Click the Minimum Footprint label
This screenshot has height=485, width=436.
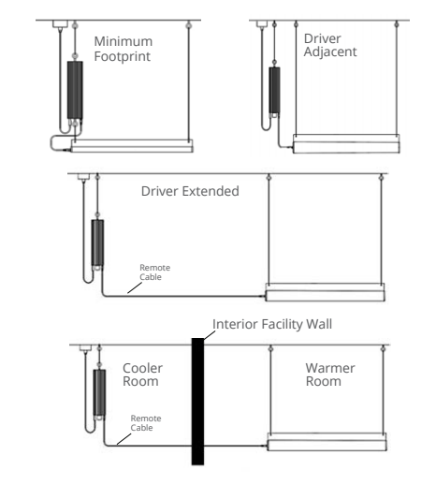[123, 49]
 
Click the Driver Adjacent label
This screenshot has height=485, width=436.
[330, 45]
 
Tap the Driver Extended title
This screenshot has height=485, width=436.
[190, 191]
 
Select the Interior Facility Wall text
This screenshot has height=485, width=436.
[272, 324]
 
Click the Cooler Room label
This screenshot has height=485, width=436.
[142, 375]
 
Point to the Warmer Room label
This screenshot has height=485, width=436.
[330, 375]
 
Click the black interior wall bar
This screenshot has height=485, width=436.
[197, 402]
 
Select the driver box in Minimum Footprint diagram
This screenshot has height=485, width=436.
[75, 90]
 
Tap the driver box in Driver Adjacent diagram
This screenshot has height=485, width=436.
[274, 90]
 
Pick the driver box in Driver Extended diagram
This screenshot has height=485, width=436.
[97, 242]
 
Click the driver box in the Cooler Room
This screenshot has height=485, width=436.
[99, 392]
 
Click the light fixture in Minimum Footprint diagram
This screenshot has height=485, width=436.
[132, 146]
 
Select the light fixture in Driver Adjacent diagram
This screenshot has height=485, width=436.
[346, 144]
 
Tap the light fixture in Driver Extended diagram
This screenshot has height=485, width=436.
[325, 292]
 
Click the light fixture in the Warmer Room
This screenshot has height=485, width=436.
[327, 442]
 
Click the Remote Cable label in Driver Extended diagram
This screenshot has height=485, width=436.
[154, 272]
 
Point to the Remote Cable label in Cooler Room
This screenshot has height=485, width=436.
[146, 423]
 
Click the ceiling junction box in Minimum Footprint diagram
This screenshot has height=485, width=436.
[60, 24]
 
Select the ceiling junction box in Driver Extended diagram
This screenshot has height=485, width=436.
[83, 177]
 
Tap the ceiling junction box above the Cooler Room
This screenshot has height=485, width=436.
[85, 348]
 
